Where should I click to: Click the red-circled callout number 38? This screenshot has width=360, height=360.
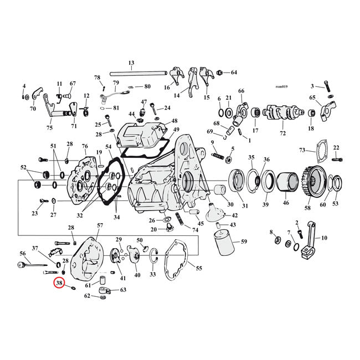[59, 284]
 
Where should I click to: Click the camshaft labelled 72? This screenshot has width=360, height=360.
[282, 114]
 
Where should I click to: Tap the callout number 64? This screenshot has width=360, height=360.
[234, 73]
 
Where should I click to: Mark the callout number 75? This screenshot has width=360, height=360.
[49, 128]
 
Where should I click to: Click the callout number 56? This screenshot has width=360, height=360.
[23, 253]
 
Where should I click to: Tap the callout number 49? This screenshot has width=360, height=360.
[176, 130]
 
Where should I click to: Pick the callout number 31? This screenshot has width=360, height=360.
[245, 206]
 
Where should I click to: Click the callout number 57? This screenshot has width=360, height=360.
[100, 225]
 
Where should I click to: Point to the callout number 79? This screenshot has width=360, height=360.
[116, 83]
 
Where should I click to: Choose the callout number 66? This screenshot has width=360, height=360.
[241, 91]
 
